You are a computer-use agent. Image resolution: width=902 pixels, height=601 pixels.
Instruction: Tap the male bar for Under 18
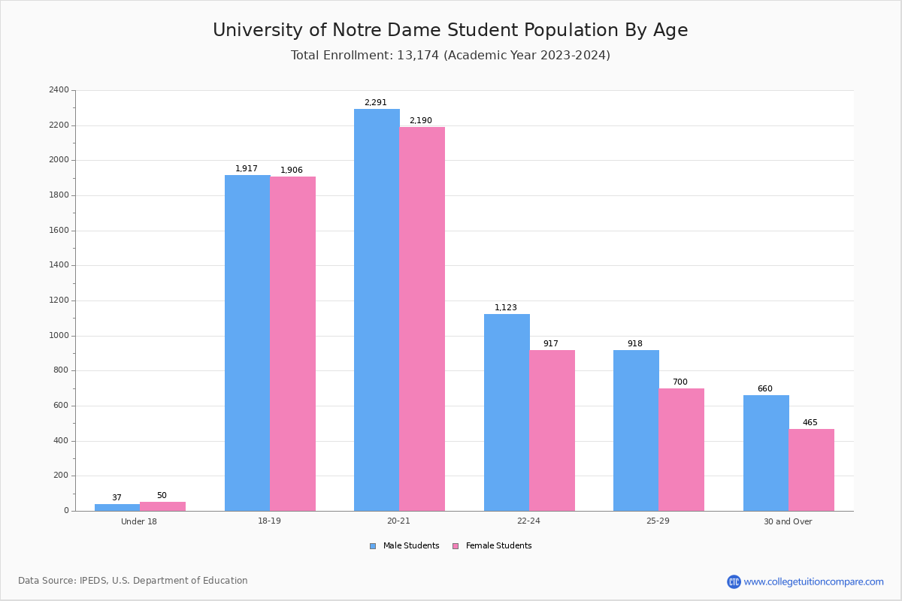[x=117, y=507]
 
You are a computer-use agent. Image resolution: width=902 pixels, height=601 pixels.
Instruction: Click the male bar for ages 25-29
[x=636, y=430]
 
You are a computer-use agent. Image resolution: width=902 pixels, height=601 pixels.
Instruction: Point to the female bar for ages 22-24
[x=552, y=430]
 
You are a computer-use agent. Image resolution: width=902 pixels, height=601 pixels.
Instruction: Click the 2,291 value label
[x=375, y=103]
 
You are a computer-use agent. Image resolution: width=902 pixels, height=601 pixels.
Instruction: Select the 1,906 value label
[x=292, y=171]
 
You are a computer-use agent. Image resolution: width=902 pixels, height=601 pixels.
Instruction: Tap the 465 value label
[x=810, y=423]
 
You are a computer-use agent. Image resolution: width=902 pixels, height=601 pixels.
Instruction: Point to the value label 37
[x=117, y=498]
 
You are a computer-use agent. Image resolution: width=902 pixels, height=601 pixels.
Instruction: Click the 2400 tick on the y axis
[x=59, y=90]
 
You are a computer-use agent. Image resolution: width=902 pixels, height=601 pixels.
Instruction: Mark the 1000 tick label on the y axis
[x=59, y=336]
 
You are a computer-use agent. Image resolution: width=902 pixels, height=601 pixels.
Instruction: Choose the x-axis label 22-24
[x=528, y=521]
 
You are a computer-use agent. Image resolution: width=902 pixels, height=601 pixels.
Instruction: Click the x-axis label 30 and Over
[x=788, y=521]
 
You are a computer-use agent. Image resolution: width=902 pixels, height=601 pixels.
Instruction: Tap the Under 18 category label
[x=139, y=521]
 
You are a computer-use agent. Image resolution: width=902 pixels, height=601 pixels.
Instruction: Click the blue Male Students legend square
[x=373, y=546]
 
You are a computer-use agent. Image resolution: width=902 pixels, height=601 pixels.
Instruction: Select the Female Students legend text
[x=498, y=546]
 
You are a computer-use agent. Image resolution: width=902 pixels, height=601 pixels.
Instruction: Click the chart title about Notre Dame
[x=450, y=30]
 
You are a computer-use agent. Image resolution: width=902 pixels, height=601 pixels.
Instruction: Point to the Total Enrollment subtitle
[x=450, y=56]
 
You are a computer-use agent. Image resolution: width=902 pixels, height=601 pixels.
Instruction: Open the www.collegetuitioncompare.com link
[x=813, y=581]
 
